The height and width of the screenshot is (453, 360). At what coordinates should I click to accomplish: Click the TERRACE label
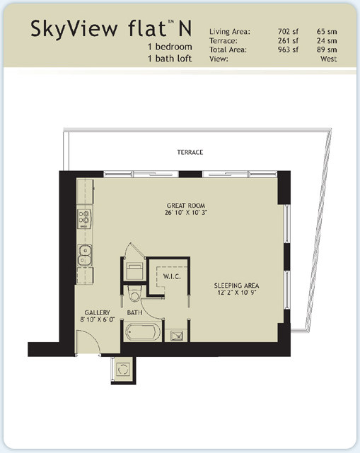pos(190,152)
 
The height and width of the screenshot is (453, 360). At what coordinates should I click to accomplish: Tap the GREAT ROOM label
pos(186,206)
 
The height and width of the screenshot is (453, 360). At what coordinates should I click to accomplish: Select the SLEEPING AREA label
pos(236,286)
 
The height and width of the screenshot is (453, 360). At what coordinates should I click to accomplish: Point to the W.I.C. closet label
pos(172,276)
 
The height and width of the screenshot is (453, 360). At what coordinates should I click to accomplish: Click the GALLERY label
pos(97,312)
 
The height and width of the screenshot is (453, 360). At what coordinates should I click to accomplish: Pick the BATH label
pos(134,312)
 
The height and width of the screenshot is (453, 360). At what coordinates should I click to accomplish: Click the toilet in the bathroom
pos(134,293)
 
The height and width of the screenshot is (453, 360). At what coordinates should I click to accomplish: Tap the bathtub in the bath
pos(143,331)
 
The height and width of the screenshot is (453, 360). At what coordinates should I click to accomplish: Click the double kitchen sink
pos(85,255)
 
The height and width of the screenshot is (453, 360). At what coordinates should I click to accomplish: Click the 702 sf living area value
pos(288,32)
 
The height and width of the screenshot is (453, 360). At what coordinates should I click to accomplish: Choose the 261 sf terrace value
pos(288,40)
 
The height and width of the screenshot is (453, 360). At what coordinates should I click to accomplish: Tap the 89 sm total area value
pos(327,49)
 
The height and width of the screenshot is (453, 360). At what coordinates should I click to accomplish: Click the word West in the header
pos(328,59)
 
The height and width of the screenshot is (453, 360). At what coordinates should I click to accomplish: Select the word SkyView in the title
pos(74,29)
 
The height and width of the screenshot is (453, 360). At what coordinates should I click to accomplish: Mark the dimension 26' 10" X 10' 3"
pos(186,212)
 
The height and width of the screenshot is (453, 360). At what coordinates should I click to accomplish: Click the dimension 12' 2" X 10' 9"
pos(237,293)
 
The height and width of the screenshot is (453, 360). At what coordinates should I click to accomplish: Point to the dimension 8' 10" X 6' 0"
pos(98,319)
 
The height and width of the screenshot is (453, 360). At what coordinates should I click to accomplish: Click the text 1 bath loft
pos(170,59)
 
